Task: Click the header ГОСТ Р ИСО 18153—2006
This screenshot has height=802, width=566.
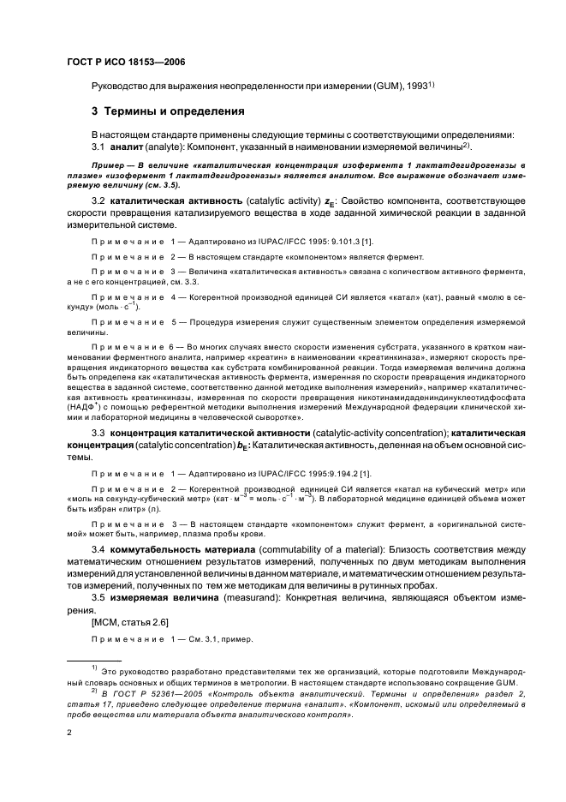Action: (x=126, y=62)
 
